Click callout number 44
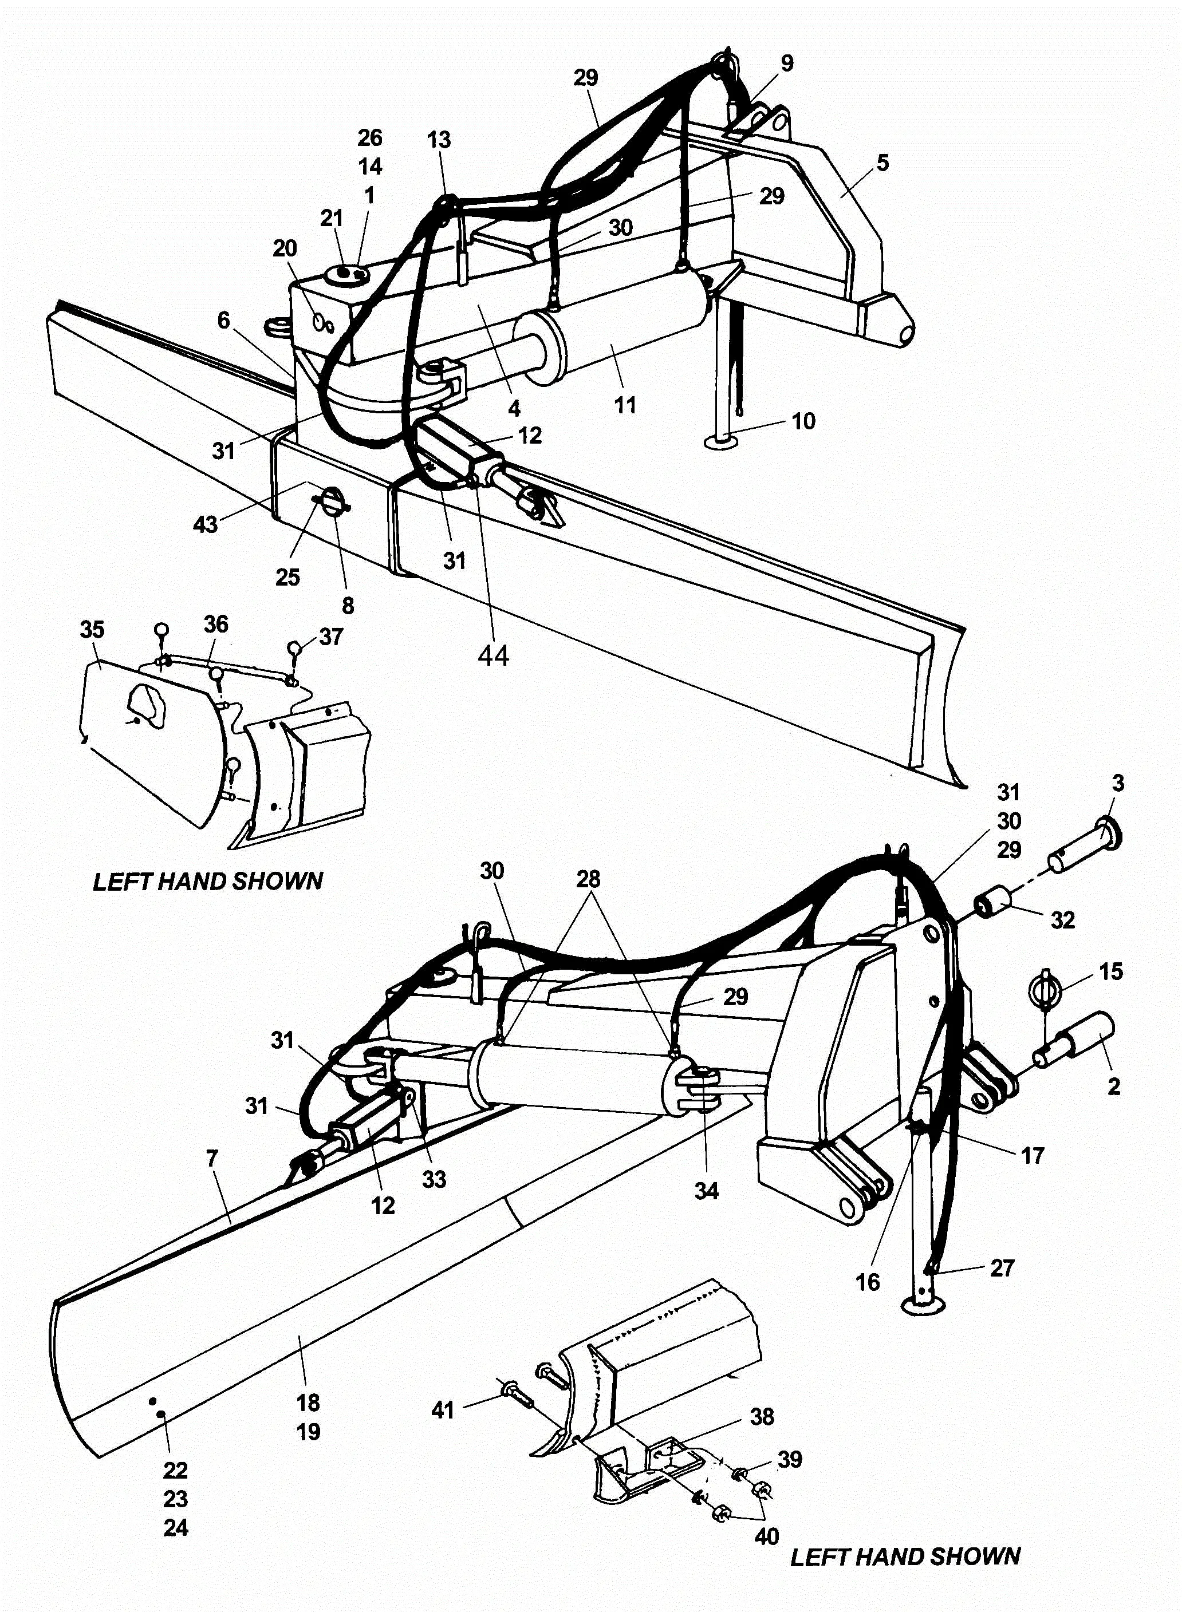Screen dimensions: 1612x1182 pyautogui.click(x=493, y=655)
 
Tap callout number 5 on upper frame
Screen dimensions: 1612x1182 pyautogui.click(x=883, y=163)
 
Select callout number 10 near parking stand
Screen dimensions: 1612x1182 pyautogui.click(x=803, y=421)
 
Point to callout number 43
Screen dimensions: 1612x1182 pyautogui.click(x=206, y=525)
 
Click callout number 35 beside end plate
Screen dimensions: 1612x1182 pyautogui.click(x=92, y=630)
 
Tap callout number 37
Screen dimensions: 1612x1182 pyautogui.click(x=330, y=637)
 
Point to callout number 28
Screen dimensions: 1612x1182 pyautogui.click(x=588, y=880)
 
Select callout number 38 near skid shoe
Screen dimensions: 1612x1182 pyautogui.click(x=762, y=1417)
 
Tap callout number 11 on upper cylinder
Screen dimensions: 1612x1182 pyautogui.click(x=625, y=405)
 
